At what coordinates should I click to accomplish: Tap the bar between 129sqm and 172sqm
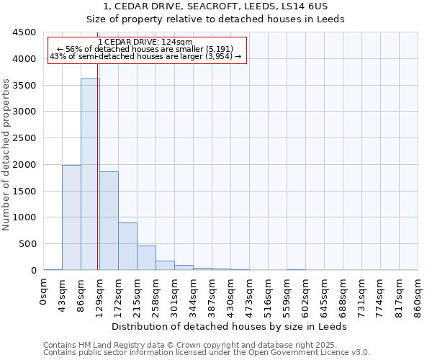[x=109, y=220]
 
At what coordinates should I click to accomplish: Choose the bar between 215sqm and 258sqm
[x=146, y=258]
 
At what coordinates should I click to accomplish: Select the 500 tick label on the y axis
[x=29, y=244]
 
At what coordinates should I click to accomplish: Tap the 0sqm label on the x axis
[x=44, y=292]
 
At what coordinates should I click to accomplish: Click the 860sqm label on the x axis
[x=418, y=297]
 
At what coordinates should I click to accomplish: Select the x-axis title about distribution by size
[x=230, y=326]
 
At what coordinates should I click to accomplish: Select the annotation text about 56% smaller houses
[x=147, y=49]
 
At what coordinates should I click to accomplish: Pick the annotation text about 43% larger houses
[x=147, y=56]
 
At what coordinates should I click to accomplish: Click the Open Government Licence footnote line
[x=207, y=353]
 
